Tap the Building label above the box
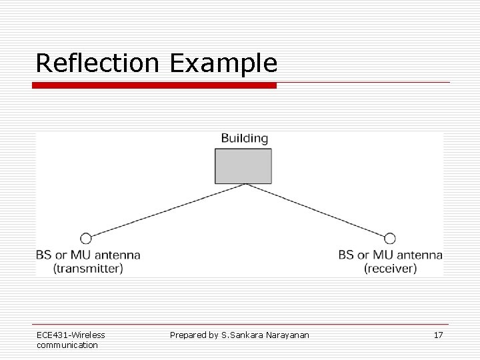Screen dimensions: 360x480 pos(244,139)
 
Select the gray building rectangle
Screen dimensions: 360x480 pos(243,165)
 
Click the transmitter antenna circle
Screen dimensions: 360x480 pos(85,238)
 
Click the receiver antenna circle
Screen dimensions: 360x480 pos(390,238)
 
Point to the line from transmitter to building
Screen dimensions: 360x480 pos(167,211)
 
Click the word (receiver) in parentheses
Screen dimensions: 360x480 pos(390,269)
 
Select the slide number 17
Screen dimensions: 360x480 pos(438,335)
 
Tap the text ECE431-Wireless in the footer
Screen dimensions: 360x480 pos(71,335)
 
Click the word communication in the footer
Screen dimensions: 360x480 pos(67,345)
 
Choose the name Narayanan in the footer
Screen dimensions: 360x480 pos(287,335)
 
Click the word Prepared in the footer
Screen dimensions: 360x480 pos(189,335)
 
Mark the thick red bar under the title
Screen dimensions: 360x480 pos(155,85)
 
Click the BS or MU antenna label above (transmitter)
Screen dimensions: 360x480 pos(88,255)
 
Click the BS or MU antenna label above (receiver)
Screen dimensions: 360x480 pos(390,255)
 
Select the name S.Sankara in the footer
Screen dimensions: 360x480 pos(243,335)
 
